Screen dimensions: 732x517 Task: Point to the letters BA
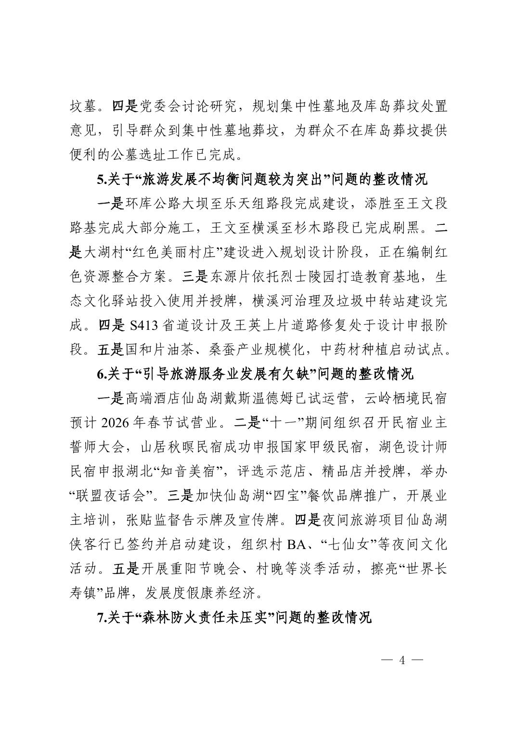pos(297,544)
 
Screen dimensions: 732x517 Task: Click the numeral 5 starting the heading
pos(100,179)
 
